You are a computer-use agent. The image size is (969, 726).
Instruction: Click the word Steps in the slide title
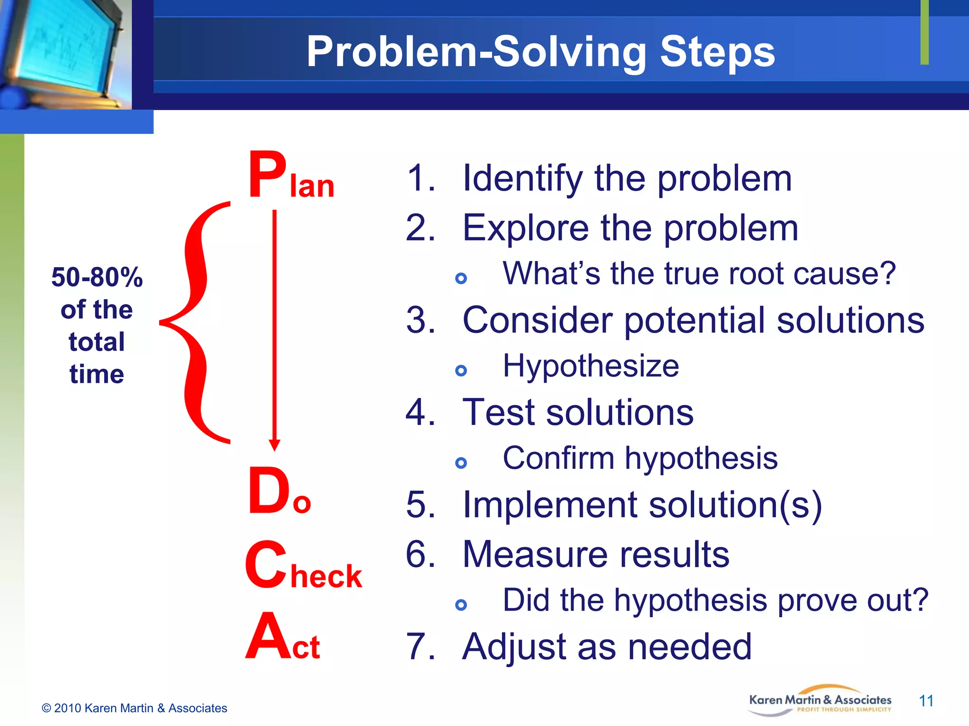click(717, 52)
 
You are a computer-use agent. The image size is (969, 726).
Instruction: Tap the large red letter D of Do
click(268, 491)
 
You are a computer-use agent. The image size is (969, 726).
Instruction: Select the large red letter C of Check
click(266, 565)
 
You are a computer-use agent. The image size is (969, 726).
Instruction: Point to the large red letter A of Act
click(267, 636)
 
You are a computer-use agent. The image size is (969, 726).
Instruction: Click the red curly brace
click(196, 322)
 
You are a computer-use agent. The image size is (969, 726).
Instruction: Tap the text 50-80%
click(97, 277)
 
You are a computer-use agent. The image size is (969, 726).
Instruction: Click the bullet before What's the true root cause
click(461, 278)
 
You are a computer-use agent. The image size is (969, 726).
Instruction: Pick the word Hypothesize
click(590, 366)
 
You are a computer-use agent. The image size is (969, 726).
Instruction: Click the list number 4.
click(419, 413)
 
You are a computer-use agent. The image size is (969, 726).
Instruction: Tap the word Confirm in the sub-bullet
click(558, 458)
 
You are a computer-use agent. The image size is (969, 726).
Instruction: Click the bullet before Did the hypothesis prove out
click(461, 605)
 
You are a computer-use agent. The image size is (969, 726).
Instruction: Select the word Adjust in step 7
click(514, 647)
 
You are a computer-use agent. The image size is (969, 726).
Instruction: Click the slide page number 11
click(926, 700)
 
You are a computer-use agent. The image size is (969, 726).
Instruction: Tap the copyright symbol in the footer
click(46, 708)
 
